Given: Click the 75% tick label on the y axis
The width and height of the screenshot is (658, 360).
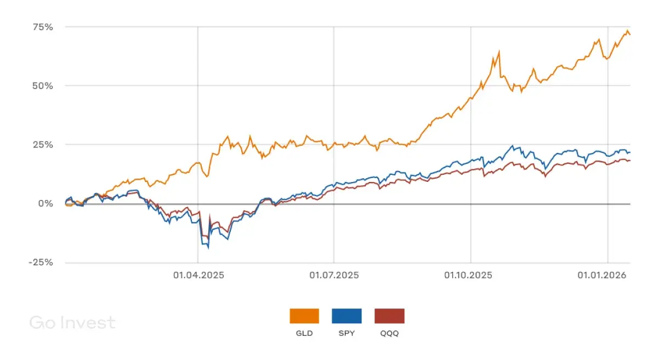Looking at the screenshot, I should point(42,27).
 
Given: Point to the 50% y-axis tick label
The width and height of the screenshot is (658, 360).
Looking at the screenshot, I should point(42,86).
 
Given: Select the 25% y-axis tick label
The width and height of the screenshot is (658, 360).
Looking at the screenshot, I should point(42,145).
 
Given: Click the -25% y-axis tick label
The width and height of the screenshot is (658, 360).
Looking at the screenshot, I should point(41,262).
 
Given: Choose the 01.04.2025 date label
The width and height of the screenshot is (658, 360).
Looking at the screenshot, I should point(198,275).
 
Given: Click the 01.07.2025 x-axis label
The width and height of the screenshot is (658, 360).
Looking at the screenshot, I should point(333,275).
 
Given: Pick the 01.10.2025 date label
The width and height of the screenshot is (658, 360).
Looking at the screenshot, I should point(469,275).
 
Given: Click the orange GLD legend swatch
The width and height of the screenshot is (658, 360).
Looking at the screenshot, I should point(304,316).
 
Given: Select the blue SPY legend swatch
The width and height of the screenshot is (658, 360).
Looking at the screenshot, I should point(347,316).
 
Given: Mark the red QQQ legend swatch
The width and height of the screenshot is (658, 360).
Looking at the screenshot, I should point(389,316).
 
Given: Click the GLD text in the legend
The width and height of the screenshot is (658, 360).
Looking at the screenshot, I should point(304,333).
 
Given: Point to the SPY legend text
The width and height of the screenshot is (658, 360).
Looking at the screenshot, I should point(347,333).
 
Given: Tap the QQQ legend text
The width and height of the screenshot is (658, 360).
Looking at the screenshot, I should point(389,333).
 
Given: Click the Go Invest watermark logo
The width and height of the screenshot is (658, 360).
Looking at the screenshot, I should point(72,323).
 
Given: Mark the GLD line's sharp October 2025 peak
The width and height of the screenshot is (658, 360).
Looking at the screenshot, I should point(499,52).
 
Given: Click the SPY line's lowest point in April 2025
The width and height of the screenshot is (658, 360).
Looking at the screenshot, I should point(208,248).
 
